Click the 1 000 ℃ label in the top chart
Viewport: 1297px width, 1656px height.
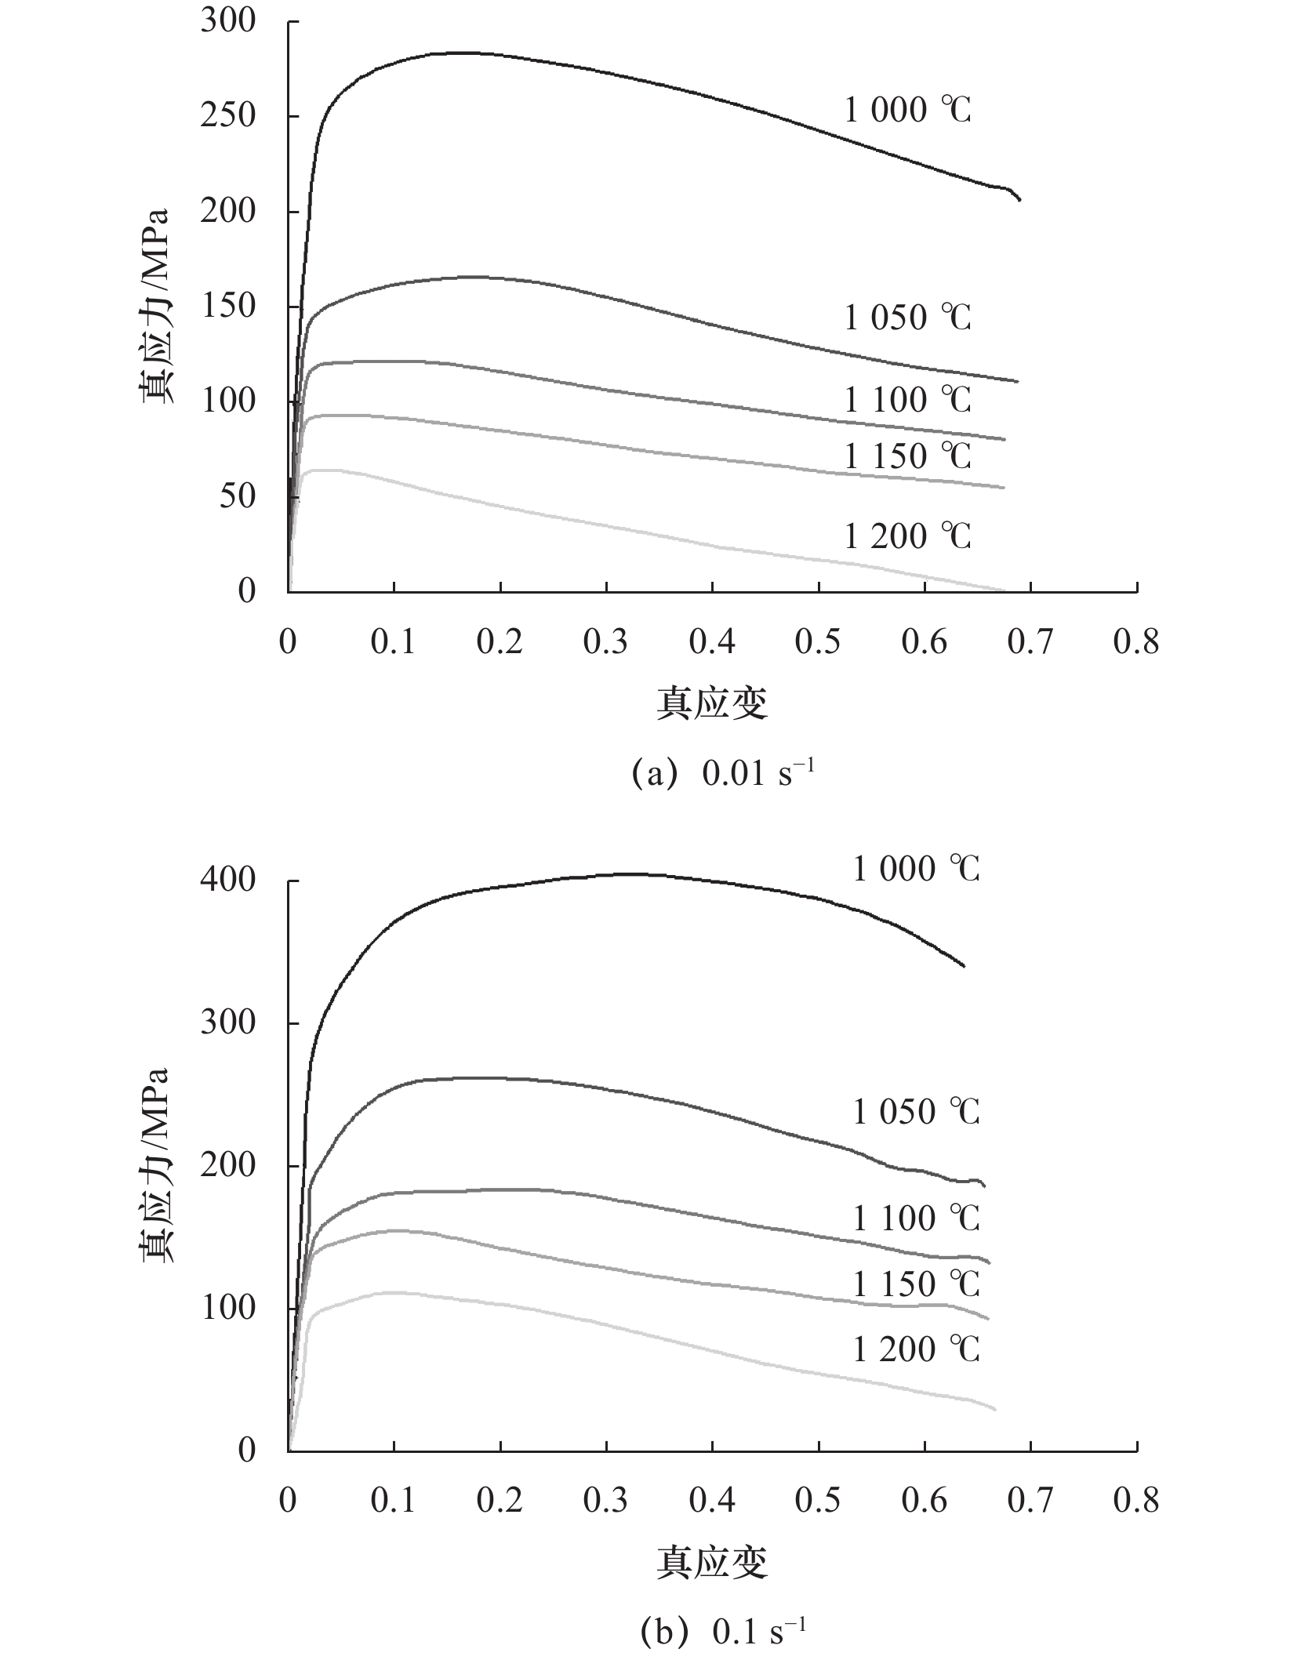[x=907, y=111]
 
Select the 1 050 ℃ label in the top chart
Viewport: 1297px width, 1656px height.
[x=907, y=318]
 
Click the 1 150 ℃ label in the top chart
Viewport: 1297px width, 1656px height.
[x=907, y=456]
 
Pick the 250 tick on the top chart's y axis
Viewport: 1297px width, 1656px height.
[x=228, y=116]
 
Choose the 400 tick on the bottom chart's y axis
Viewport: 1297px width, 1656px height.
[x=228, y=881]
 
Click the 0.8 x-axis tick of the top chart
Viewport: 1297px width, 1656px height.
[x=1136, y=643]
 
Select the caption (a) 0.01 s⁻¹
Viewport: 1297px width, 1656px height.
[x=722, y=773]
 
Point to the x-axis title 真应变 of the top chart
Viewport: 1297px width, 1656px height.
[x=712, y=703]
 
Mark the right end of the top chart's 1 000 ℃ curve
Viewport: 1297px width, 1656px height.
[x=1020, y=201]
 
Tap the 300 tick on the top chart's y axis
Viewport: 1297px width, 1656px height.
[x=228, y=21]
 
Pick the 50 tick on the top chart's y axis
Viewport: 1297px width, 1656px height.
[x=237, y=496]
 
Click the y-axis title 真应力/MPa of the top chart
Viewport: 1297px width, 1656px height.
[x=157, y=307]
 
